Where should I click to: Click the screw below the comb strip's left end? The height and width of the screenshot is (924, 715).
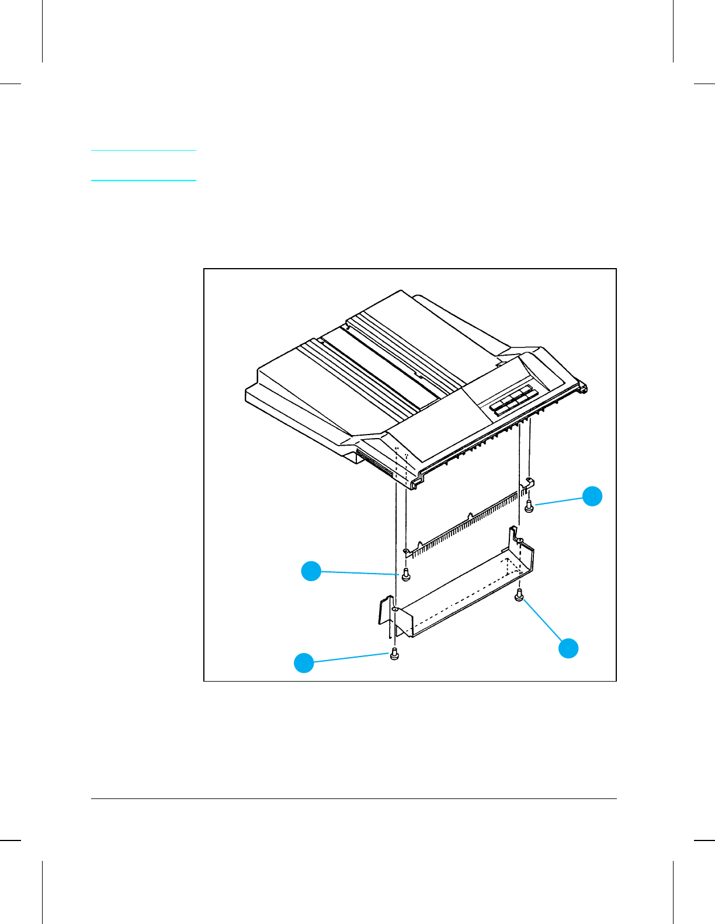tap(406, 574)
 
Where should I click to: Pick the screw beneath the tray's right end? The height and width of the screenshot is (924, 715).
tap(519, 596)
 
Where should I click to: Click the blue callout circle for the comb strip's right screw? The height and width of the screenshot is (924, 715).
tap(592, 495)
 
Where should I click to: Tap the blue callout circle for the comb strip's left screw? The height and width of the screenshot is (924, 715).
tap(311, 571)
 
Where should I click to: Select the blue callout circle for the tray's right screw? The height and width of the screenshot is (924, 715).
tap(568, 648)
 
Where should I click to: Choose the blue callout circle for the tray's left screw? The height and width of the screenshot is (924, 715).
tap(304, 662)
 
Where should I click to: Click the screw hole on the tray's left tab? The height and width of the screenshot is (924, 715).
tap(395, 610)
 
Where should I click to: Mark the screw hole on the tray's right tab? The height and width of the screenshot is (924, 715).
tap(521, 540)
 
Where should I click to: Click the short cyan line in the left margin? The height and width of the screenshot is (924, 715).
tap(144, 180)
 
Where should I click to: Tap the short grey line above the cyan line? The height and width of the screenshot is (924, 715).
tap(144, 151)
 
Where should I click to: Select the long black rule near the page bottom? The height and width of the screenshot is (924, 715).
tap(354, 798)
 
